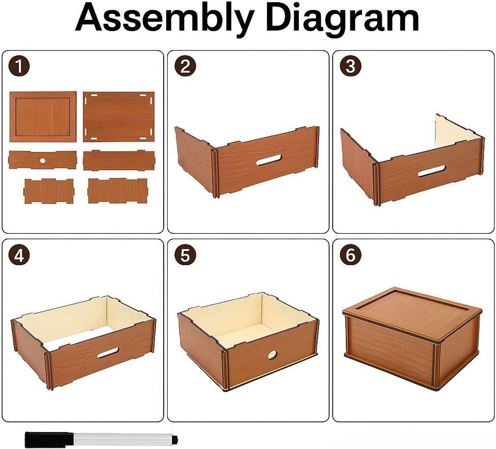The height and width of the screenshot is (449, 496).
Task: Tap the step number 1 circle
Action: (x=19, y=67)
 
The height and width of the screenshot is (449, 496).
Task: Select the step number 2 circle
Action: (x=185, y=67)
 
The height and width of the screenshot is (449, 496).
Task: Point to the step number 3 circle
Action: (x=351, y=67)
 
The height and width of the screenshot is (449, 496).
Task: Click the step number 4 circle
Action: (x=19, y=255)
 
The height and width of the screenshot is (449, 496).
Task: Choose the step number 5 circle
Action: (x=185, y=255)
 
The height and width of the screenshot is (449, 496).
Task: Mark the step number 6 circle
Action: (x=351, y=255)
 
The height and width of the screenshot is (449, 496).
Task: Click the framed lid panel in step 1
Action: (x=43, y=116)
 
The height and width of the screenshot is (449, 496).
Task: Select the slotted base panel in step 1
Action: (x=119, y=116)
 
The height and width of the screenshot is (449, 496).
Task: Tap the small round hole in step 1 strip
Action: (x=42, y=161)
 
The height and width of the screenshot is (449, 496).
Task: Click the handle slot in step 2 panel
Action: (x=269, y=160)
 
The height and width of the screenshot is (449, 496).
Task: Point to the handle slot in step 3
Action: (x=431, y=170)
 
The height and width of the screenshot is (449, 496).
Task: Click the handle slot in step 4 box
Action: (x=108, y=353)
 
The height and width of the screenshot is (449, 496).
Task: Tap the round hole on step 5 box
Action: (x=272, y=355)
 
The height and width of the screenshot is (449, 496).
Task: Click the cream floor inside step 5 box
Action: (x=245, y=329)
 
